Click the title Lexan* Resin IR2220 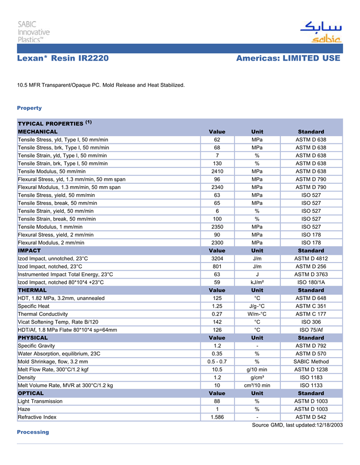tap(63, 59)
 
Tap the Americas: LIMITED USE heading tap(288, 59)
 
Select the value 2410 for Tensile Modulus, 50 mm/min tap(217, 172)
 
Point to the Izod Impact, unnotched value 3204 tap(217, 258)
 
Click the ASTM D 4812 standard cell tap(311, 258)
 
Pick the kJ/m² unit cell tap(257, 282)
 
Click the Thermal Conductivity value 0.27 tap(217, 314)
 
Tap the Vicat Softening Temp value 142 tap(217, 322)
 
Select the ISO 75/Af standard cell tap(311, 330)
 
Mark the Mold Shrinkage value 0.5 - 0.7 tap(217, 362)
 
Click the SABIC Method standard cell tap(311, 362)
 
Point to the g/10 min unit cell tap(257, 369)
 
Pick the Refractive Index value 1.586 tap(217, 417)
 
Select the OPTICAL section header tap(31, 393)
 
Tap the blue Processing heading tap(33, 432)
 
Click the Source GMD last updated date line tap(297, 425)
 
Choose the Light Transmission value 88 tap(217, 401)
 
